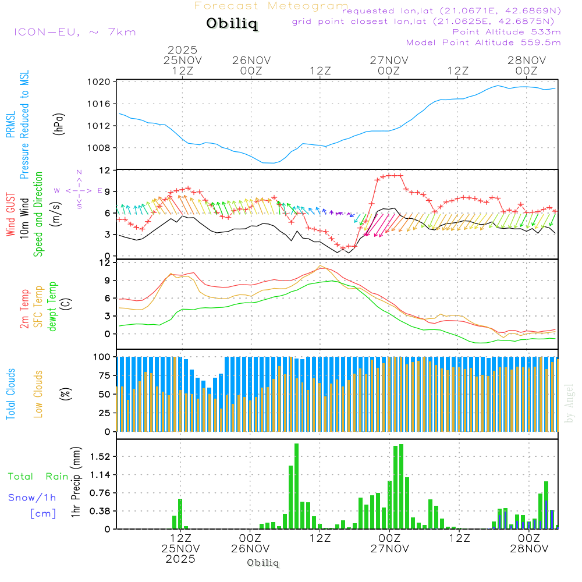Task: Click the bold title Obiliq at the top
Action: pos(232,24)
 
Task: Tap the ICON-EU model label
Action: pos(74,32)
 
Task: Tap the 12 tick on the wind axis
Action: pos(105,171)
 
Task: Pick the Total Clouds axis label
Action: pos(10,394)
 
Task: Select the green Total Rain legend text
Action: pos(38,476)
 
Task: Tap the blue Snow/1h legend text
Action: pos(33,498)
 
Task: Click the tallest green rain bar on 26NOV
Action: pos(296,486)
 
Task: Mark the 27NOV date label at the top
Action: pos(389,60)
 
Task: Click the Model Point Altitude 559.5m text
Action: pos(483,42)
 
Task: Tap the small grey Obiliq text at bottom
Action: pos(263,563)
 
